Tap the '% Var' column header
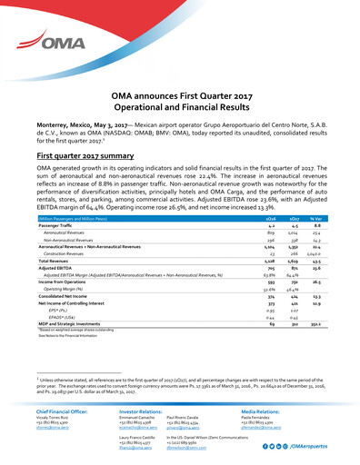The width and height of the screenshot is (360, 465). click(x=314, y=219)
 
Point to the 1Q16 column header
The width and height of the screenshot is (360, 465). click(x=244, y=219)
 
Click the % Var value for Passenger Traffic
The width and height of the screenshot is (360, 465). click(x=314, y=226)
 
